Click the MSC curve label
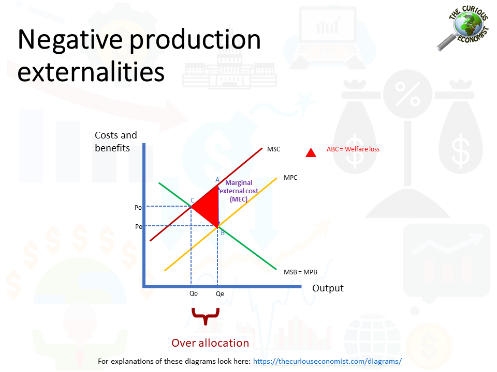click(x=273, y=149)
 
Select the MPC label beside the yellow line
click(x=290, y=177)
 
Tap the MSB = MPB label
click(x=300, y=272)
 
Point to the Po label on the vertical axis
click(x=138, y=208)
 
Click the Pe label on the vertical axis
click(x=139, y=226)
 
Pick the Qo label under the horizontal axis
click(x=193, y=293)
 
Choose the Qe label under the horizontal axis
click(x=220, y=293)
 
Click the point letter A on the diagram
click(x=217, y=180)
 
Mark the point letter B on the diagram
click(x=223, y=233)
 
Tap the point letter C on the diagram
click(x=192, y=200)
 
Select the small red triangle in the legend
click(x=311, y=152)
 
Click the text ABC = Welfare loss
click(x=353, y=149)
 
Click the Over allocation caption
click(x=210, y=343)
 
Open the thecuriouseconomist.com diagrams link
click(x=327, y=361)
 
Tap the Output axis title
click(x=328, y=288)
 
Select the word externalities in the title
click(x=91, y=72)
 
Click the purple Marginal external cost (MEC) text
click(x=239, y=191)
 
